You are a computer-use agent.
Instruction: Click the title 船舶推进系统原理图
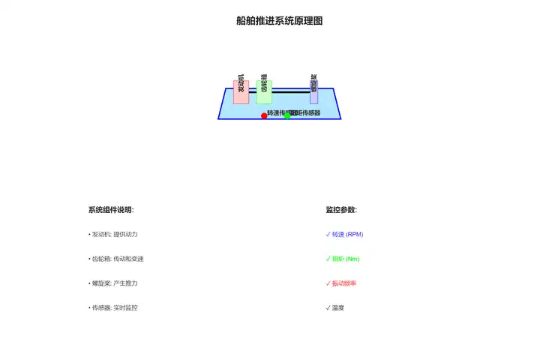point(279,21)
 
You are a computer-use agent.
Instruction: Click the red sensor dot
point(264,115)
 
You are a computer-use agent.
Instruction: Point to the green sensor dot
point(287,115)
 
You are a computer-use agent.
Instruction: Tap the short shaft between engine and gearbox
point(253,91)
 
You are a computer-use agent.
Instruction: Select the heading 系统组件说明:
point(111,210)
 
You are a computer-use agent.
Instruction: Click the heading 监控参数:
point(341,210)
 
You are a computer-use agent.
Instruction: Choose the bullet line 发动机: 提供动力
point(113,235)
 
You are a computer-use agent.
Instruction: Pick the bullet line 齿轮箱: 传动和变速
point(116,259)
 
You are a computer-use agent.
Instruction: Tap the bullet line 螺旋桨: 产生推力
point(113,283)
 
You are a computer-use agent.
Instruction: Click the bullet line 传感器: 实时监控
point(113,307)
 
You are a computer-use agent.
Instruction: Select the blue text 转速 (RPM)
point(347,235)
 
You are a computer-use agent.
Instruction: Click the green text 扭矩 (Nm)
point(346,259)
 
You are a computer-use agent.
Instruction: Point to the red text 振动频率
point(344,283)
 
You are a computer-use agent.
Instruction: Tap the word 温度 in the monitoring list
point(338,307)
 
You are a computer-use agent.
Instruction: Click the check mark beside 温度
point(328,307)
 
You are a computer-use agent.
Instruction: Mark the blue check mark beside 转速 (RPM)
point(328,234)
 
